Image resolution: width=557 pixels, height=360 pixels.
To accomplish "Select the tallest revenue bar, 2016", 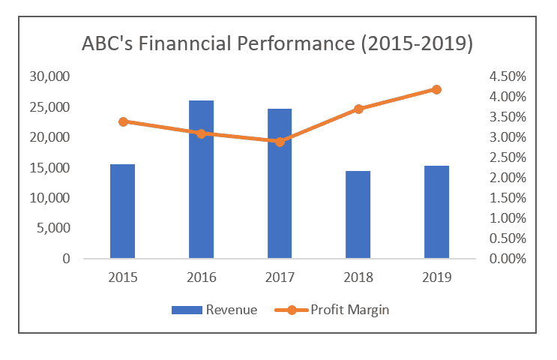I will click(201, 179).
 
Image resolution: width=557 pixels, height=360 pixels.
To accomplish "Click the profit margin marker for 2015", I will click(123, 121).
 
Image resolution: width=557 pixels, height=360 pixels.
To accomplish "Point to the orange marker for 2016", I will click(201, 133).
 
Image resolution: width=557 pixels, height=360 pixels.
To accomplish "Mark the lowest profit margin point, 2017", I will click(280, 141).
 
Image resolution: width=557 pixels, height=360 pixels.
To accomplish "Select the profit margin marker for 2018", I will click(358, 109).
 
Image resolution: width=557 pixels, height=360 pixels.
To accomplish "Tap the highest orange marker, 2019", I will click(437, 89).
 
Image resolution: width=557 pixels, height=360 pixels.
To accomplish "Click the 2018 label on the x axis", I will click(358, 277).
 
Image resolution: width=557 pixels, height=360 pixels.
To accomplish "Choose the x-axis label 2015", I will click(122, 277).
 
